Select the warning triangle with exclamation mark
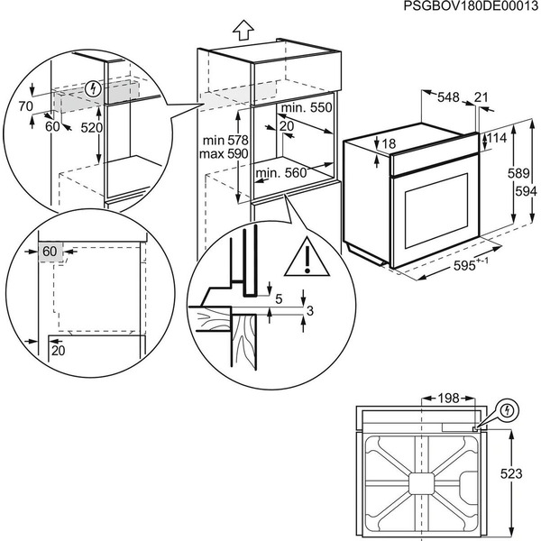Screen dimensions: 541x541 308,259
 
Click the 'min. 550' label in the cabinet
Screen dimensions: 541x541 306,107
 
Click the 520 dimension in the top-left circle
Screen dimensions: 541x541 90,128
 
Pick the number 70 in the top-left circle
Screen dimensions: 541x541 24,106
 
